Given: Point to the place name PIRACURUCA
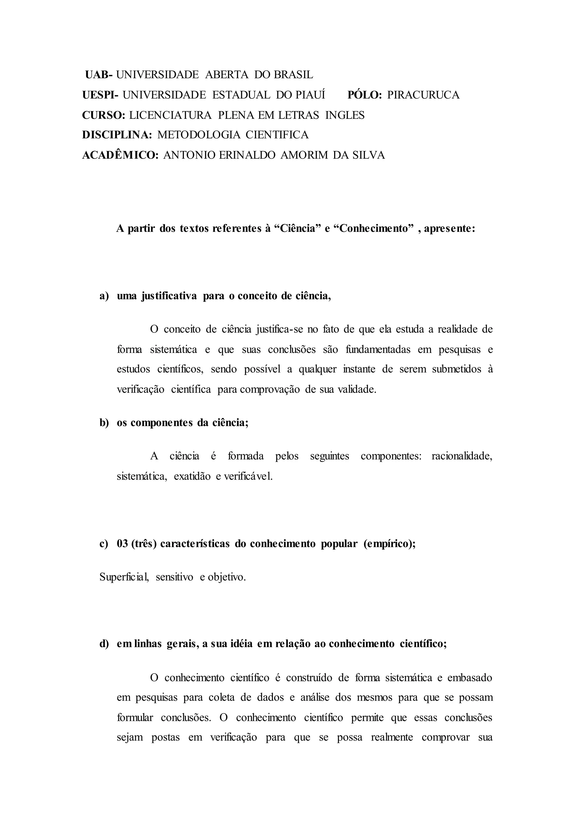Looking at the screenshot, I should [x=423, y=95].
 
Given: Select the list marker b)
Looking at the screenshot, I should [x=104, y=423].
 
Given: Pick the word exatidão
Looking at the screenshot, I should [x=193, y=476].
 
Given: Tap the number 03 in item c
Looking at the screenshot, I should [x=122, y=544].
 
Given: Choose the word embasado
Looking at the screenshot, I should [x=470, y=678].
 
